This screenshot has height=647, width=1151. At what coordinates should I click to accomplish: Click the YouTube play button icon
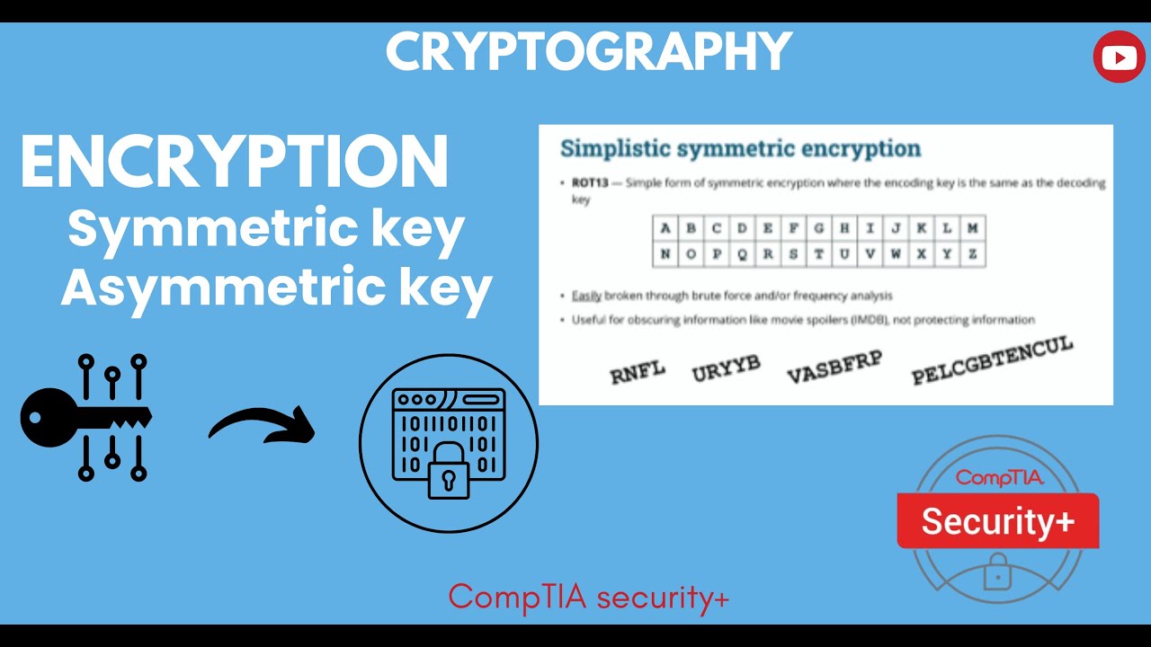coord(1119,58)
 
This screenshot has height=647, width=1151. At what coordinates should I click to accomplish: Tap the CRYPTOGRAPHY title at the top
coord(589,52)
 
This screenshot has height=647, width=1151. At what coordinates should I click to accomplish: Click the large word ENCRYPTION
coord(235,163)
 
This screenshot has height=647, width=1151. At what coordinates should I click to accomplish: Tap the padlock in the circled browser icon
coord(449,477)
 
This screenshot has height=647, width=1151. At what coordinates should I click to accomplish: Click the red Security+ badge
coord(997,521)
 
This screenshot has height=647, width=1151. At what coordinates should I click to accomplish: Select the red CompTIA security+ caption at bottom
coord(589,597)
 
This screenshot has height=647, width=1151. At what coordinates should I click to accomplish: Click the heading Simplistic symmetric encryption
coord(740,148)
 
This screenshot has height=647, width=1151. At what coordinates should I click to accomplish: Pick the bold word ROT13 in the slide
coord(590,183)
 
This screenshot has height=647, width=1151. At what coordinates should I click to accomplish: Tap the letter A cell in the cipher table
coord(665,228)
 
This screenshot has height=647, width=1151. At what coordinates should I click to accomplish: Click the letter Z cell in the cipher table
coord(972,254)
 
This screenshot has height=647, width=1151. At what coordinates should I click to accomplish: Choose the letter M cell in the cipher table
coord(972,228)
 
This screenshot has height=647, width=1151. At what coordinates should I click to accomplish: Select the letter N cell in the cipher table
coord(665,254)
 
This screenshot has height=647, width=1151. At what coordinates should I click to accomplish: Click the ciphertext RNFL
coord(638,372)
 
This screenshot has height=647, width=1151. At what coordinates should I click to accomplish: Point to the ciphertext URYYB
coord(726,368)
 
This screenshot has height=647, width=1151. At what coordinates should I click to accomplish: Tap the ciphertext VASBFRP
coord(834,367)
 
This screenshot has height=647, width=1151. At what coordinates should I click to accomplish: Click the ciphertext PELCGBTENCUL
coord(992,361)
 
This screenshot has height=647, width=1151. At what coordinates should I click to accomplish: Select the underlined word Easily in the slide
coord(587,296)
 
